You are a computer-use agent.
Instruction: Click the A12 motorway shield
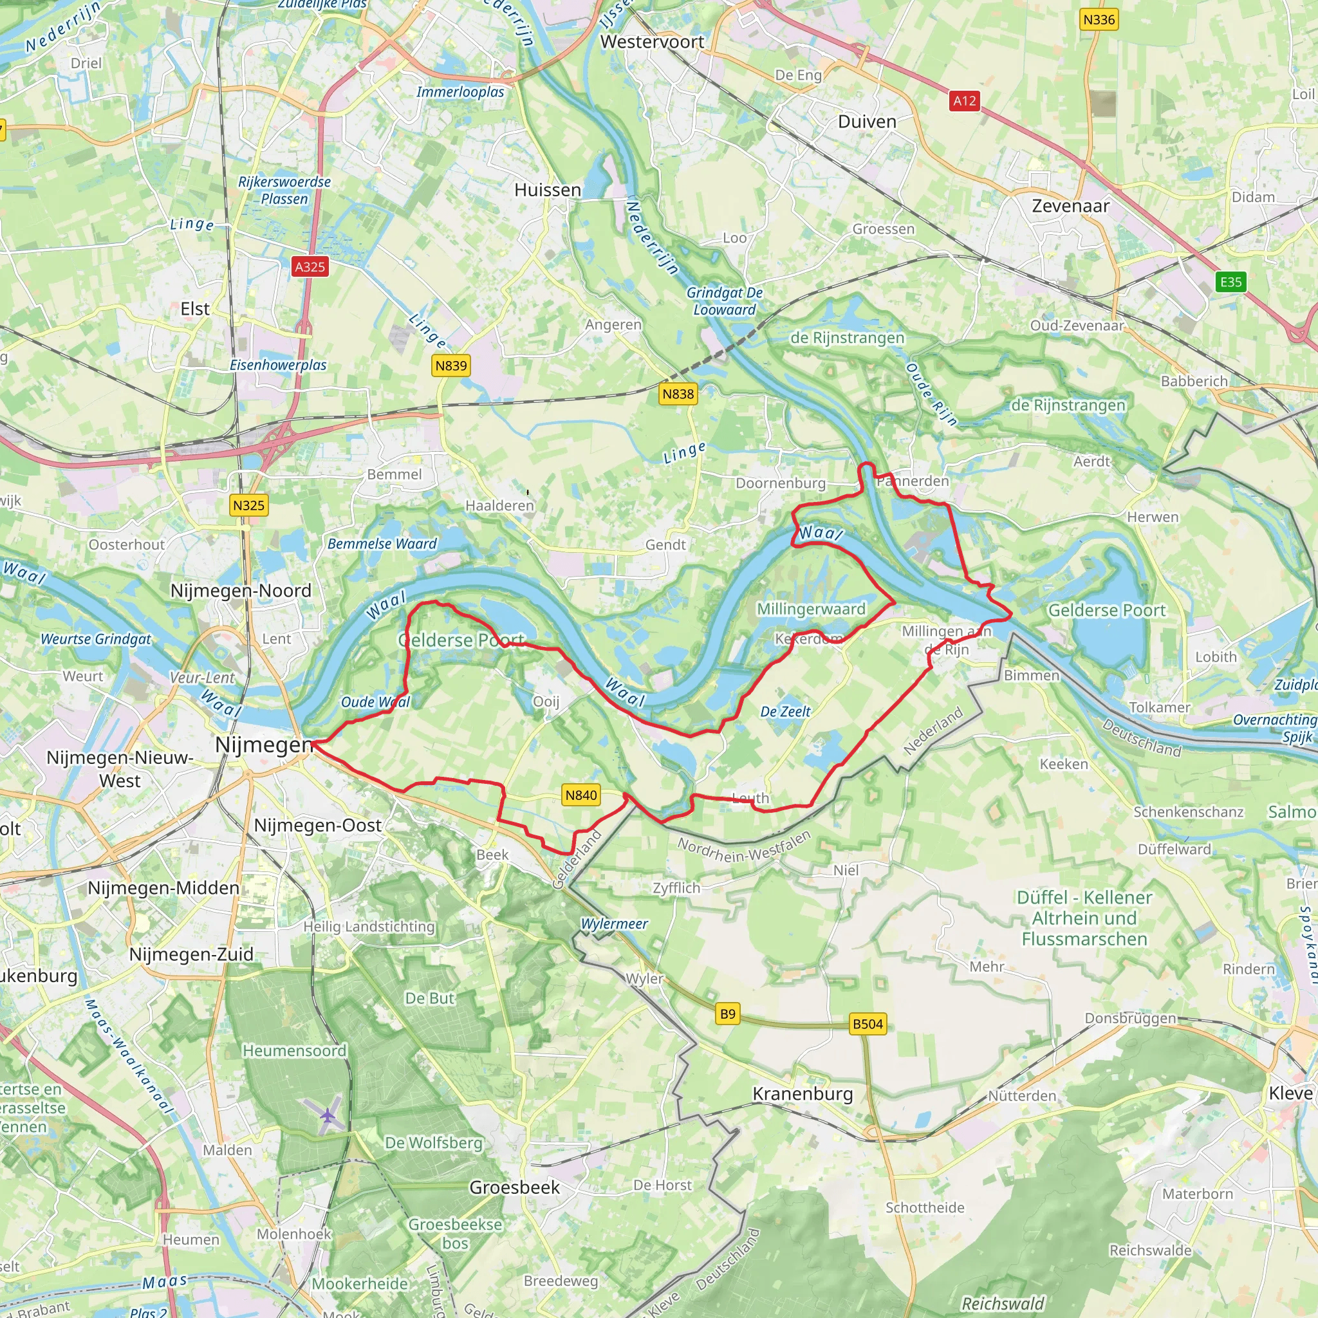[964, 101]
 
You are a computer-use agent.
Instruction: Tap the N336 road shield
[1099, 20]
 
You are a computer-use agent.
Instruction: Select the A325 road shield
[310, 266]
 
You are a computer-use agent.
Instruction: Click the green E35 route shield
[1230, 282]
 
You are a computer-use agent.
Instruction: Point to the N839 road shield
[451, 366]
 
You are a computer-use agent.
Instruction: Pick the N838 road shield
[678, 394]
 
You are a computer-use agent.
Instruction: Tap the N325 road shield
[248, 505]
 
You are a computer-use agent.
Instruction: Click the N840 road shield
[580, 795]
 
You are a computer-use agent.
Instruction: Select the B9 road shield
[728, 1014]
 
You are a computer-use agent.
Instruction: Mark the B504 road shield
[868, 1024]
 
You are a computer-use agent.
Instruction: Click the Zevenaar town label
[1070, 206]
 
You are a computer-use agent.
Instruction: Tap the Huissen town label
[548, 190]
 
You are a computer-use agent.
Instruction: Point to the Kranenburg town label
[803, 1094]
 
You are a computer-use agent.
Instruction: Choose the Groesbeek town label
[514, 1188]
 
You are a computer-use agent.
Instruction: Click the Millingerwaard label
[811, 609]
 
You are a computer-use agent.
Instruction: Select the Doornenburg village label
[781, 483]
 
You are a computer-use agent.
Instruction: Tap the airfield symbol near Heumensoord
[328, 1116]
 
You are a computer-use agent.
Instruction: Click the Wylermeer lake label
[614, 924]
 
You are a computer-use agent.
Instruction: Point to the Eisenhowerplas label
[277, 365]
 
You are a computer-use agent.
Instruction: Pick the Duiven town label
[867, 122]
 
